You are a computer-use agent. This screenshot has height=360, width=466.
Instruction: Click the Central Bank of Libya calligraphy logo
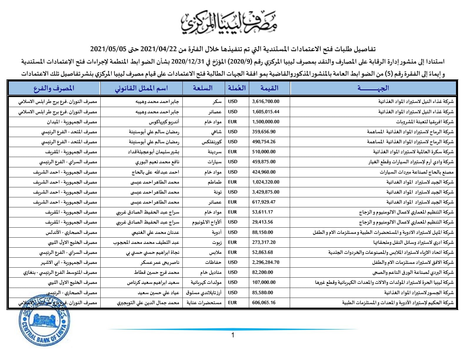[229, 23]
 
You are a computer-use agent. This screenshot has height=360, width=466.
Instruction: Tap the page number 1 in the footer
[233, 335]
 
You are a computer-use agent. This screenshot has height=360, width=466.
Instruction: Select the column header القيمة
[269, 88]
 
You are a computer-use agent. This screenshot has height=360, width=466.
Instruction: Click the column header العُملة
[237, 88]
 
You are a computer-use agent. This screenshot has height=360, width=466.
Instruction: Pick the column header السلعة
[203, 88]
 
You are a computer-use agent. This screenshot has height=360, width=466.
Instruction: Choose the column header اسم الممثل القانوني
[141, 88]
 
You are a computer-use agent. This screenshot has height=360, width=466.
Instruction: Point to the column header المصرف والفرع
[54, 88]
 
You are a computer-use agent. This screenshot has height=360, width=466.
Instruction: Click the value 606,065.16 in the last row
[264, 302]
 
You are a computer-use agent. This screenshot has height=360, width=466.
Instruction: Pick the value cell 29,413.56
[262, 222]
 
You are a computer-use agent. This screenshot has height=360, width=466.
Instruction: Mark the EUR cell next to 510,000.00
[232, 152]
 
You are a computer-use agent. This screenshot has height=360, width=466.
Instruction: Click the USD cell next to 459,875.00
[232, 162]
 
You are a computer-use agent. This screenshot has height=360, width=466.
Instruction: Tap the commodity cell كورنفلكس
[211, 142]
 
